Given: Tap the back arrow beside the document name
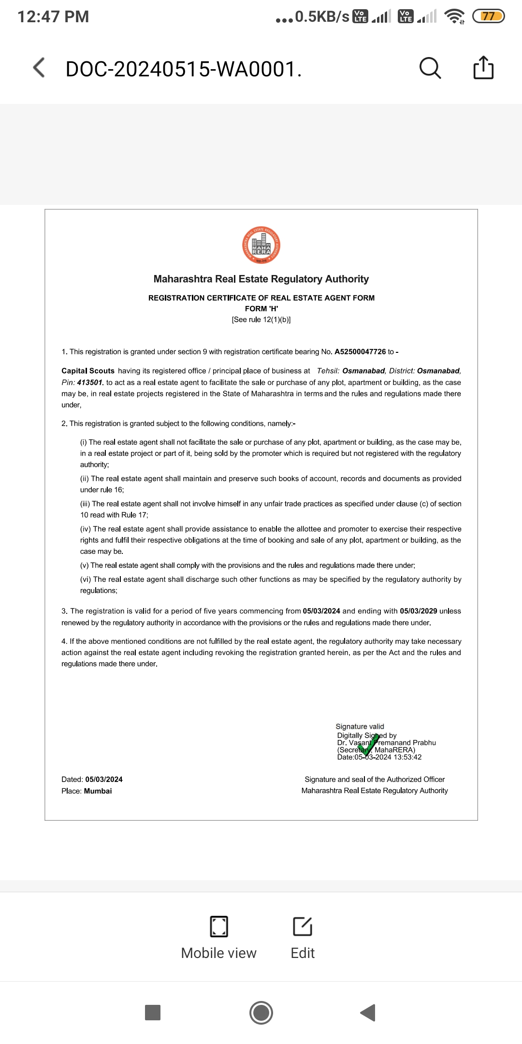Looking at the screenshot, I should pyautogui.click(x=39, y=68).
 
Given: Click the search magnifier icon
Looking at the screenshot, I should pyautogui.click(x=430, y=68).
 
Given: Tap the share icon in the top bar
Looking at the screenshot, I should pyautogui.click(x=483, y=68).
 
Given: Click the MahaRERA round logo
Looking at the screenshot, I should pyautogui.click(x=261, y=246).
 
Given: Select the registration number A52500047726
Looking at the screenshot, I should pyautogui.click(x=360, y=352).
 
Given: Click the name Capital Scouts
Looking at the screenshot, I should pyautogui.click(x=88, y=371).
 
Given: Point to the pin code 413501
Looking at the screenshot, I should pyautogui.click(x=90, y=382).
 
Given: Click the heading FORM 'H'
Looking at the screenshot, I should pyautogui.click(x=261, y=309).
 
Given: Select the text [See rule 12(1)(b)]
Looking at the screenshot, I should pyautogui.click(x=261, y=319).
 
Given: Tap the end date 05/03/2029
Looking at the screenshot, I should pyautogui.click(x=418, y=611).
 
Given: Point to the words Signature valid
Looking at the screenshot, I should pyautogui.click(x=360, y=726).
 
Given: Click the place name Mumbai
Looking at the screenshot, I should pyautogui.click(x=98, y=791).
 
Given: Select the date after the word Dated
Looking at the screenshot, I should pyautogui.click(x=104, y=780).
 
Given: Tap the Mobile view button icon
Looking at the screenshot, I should pyautogui.click(x=219, y=927).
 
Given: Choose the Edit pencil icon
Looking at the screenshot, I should pyautogui.click(x=303, y=927).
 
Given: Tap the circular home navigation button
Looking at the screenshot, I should pyautogui.click(x=261, y=1013).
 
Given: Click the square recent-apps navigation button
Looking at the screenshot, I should pyautogui.click(x=153, y=1013).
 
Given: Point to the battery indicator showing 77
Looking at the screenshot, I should pyautogui.click(x=488, y=16).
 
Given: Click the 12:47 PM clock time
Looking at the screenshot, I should pyautogui.click(x=53, y=17).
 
